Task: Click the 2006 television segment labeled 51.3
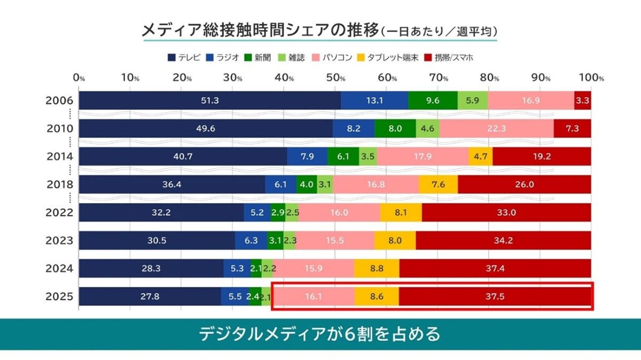[x=210, y=101]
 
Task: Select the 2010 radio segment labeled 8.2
[x=354, y=129]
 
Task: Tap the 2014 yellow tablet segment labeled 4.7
[x=480, y=156]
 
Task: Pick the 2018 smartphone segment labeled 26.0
[x=524, y=184]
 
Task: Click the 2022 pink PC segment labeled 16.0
[x=339, y=212]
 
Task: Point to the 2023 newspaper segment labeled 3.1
[x=275, y=240]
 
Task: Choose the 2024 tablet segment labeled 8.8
[x=377, y=268]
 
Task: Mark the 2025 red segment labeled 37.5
[x=495, y=296]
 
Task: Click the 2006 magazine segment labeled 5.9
[x=473, y=101]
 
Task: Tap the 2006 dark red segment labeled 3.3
[x=583, y=101]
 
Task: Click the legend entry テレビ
[x=184, y=57]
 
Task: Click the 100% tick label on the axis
[x=593, y=78]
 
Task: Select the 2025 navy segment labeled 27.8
[x=150, y=296]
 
